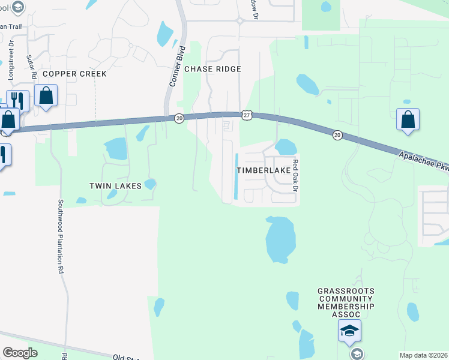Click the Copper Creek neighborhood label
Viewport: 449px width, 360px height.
74,74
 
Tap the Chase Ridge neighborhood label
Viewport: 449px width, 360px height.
212,69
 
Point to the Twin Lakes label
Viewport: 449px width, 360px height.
115,186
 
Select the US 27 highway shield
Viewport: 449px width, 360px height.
247,114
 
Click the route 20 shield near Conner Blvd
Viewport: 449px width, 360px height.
179,119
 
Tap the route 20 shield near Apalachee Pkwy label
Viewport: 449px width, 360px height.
337,136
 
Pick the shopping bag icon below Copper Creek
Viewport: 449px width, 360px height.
46,95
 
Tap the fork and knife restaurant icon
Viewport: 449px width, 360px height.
18,100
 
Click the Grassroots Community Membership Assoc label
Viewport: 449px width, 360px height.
346,302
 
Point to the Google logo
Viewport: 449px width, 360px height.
20,353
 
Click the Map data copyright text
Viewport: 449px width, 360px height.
424,355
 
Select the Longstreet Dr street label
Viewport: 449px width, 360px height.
11,52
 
